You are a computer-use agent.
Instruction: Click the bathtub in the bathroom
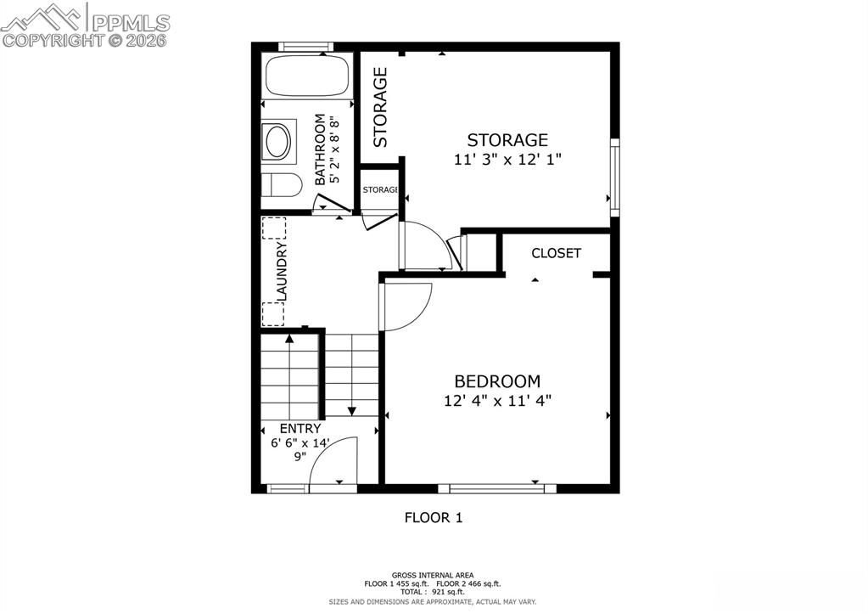tap(307, 76)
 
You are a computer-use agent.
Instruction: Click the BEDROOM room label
tap(497, 381)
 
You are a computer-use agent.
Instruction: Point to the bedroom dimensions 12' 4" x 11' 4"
tap(497, 400)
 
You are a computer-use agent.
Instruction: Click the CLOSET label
tap(556, 253)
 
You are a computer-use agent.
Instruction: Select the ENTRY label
tap(300, 429)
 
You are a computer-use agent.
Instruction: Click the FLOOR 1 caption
tap(433, 516)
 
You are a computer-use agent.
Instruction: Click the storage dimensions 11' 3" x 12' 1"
tap(507, 159)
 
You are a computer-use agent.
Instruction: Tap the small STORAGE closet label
tap(380, 189)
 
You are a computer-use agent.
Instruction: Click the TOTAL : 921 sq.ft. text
tap(433, 591)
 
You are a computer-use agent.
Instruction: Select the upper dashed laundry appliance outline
tap(274, 229)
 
